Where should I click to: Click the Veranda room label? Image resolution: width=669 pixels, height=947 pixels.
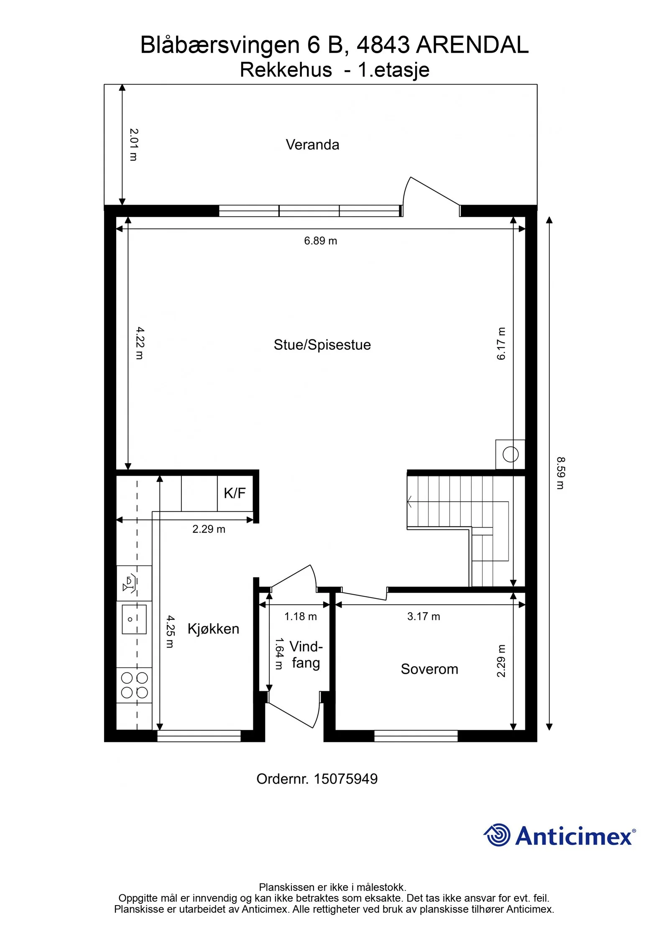point(312,145)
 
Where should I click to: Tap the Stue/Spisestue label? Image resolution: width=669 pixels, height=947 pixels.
point(322,345)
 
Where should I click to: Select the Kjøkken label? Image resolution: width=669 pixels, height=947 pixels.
point(213,629)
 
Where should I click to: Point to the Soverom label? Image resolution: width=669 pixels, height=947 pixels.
point(429,669)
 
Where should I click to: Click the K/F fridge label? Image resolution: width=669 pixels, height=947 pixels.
point(235,493)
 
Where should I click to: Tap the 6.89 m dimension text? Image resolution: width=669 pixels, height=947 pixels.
point(320,241)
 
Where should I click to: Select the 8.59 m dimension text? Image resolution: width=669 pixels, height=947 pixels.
point(560,473)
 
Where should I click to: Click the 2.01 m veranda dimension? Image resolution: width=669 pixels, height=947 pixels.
point(133,144)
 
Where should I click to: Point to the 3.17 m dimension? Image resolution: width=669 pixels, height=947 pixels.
point(424,616)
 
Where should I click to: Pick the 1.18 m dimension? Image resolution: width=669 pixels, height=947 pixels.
point(301,616)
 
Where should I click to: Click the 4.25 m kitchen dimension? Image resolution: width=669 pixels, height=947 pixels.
point(170,631)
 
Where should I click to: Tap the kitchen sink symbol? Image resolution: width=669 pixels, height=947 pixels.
point(134,619)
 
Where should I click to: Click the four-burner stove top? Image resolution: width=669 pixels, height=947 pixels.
point(134,685)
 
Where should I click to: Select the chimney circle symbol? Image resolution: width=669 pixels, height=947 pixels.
point(511,454)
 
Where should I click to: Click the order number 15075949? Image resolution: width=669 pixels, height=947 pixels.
point(345,779)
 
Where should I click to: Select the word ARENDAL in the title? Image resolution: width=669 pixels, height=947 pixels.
point(472,45)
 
